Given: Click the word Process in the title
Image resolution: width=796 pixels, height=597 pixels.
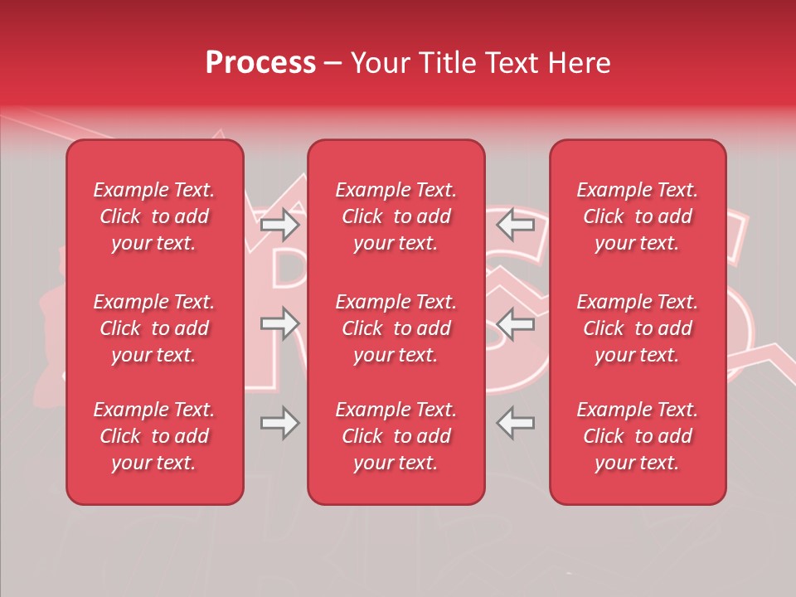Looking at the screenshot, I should (x=260, y=63).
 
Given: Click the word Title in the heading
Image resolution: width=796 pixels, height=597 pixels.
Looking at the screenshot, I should (x=448, y=63).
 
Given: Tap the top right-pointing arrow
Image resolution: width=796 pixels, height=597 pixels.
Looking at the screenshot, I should (x=279, y=223).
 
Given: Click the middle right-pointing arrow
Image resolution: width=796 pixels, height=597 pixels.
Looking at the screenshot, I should (x=279, y=323).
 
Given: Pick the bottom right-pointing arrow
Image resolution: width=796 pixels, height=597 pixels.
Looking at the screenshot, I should (x=279, y=423).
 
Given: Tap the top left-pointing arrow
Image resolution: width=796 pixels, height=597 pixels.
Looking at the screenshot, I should (x=515, y=223).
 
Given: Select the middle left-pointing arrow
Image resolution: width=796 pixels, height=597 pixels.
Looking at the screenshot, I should (x=515, y=323).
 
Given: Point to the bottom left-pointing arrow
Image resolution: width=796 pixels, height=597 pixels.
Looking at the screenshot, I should (x=515, y=423).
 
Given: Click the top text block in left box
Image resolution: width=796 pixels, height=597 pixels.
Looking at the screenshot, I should (x=154, y=216).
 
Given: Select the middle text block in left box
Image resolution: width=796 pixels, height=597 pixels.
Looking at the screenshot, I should (x=154, y=328).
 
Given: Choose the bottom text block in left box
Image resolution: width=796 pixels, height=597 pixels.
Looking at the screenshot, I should (x=154, y=436).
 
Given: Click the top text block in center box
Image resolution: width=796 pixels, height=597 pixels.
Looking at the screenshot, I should (x=396, y=216).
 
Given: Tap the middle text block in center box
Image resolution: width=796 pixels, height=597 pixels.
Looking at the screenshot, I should (x=396, y=328).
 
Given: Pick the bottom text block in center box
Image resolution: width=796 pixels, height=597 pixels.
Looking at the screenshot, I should (x=396, y=436).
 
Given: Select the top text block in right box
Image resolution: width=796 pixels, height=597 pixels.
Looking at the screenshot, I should (x=637, y=216).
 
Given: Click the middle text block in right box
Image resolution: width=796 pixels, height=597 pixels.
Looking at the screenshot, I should (x=637, y=328).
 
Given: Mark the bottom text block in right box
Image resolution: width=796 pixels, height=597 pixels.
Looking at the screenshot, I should (x=637, y=436).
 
